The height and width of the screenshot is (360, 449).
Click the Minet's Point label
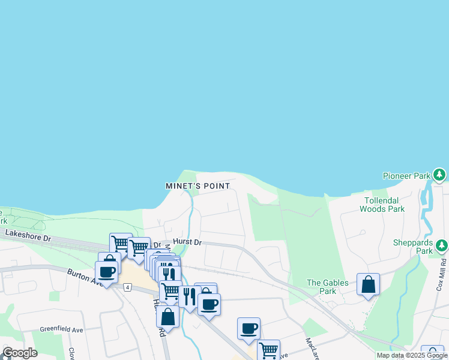point(197,186)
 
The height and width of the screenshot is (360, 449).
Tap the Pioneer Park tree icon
point(440,175)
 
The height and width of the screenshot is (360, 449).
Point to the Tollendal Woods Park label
point(382,205)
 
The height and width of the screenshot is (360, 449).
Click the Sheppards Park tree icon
point(441,245)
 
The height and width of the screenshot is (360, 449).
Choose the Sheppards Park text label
point(413,247)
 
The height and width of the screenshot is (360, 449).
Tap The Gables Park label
point(327,287)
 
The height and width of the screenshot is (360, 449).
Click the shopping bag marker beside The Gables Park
point(368,285)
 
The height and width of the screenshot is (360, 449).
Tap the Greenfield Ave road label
point(61,329)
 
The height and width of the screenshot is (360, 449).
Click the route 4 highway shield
point(128,287)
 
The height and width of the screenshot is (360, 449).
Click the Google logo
point(20,352)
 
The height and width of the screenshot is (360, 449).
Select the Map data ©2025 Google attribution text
point(411,355)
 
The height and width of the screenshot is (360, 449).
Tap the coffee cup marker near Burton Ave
point(106,272)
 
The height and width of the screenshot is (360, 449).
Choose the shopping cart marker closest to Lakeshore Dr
point(121,243)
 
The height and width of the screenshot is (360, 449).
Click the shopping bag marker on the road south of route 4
point(168,316)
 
